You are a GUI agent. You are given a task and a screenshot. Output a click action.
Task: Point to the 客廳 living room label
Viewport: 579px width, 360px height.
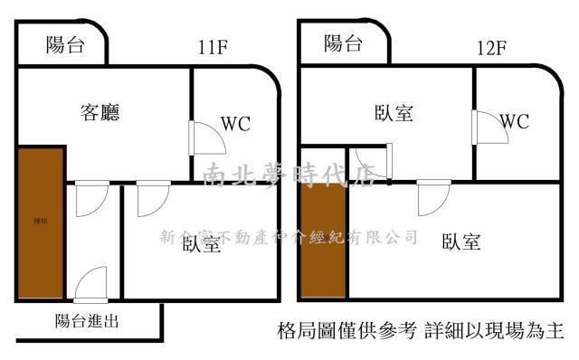[x=100, y=113]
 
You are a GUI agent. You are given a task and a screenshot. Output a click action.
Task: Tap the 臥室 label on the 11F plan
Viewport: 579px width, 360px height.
[x=201, y=243]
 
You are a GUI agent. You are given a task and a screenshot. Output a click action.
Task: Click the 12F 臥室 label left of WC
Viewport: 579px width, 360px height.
[x=394, y=113]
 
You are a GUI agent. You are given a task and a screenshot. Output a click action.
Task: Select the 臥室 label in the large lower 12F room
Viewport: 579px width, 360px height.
[x=460, y=242]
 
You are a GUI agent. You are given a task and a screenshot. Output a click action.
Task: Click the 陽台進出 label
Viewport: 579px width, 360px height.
[x=87, y=319]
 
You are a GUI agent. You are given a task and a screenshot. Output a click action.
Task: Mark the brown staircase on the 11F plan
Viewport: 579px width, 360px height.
[x=40, y=223]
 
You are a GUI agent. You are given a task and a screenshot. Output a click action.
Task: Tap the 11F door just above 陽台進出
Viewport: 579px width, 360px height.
[x=91, y=286]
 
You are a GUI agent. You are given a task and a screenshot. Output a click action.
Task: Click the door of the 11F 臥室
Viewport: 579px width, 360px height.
[x=152, y=199]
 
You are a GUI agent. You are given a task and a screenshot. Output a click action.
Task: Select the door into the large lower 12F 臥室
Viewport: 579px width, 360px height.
[x=433, y=197]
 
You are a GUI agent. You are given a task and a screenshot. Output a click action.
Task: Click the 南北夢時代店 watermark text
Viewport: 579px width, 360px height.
[x=289, y=175]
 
